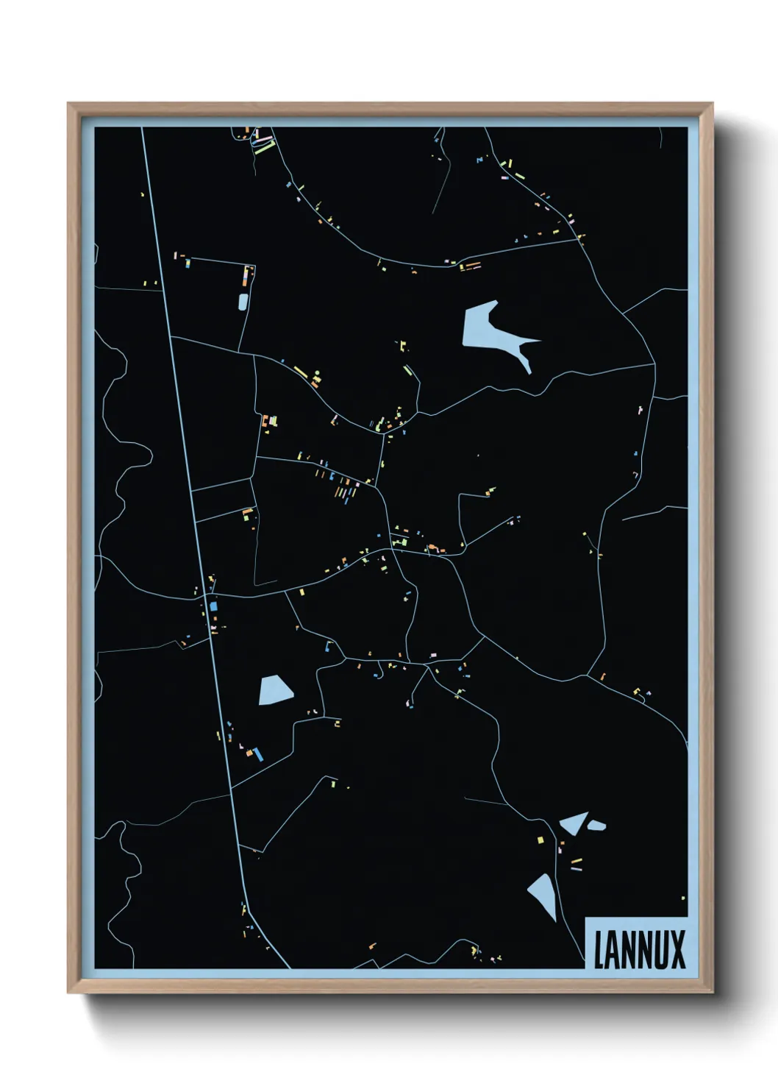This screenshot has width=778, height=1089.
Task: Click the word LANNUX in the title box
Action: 639,949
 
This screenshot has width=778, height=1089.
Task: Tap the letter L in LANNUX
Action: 599,950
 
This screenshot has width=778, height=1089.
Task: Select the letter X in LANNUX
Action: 678,950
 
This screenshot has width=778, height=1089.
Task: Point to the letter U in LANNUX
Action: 660,950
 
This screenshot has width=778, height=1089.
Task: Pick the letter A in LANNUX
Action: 613,950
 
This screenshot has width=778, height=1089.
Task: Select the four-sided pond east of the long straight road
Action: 275,690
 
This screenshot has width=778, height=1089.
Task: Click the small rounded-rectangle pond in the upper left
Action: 243,301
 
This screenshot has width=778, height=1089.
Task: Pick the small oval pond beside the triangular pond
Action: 596,826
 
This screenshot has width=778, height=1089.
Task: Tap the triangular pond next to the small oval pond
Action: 574,822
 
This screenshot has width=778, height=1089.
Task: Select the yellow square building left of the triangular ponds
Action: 540,840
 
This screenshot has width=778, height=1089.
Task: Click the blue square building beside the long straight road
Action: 214,606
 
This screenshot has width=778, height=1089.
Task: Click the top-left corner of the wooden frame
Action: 68,104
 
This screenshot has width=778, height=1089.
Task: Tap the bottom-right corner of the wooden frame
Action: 712,993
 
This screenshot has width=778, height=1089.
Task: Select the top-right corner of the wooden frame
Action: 712,104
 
